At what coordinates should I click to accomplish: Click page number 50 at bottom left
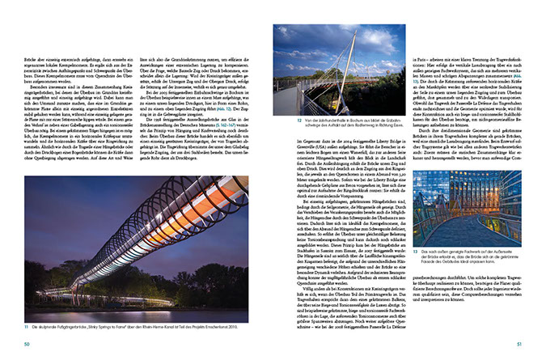(x=27, y=345)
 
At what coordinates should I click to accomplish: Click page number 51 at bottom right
(x=518, y=345)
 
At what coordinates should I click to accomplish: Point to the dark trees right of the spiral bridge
(x=243, y=267)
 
